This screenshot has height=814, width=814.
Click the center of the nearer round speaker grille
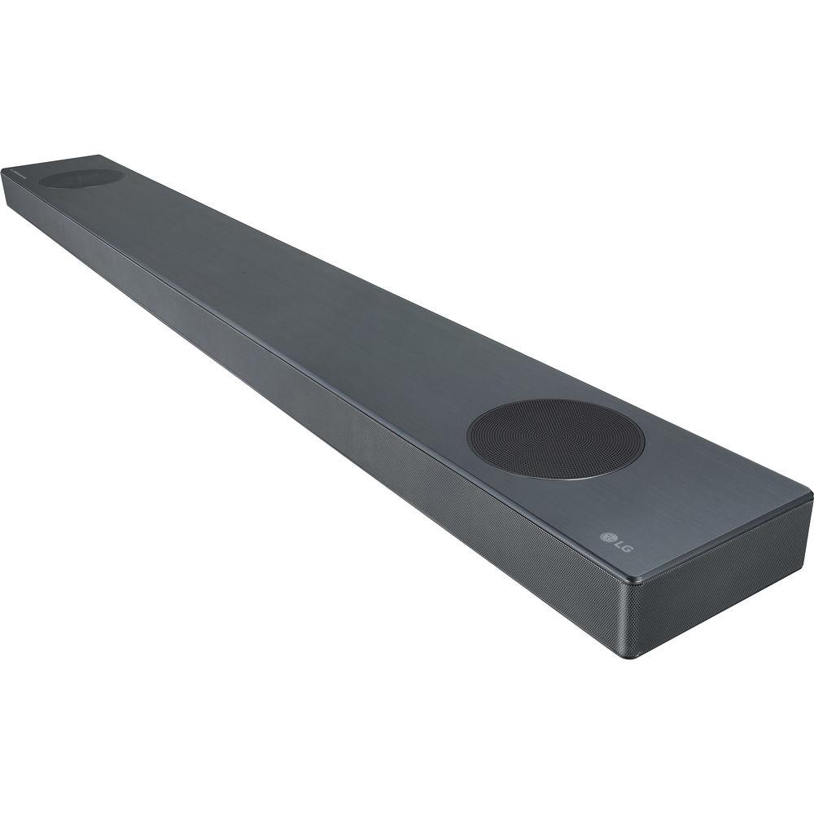tap(556, 437)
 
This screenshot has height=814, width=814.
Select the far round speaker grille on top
tap(81, 177)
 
